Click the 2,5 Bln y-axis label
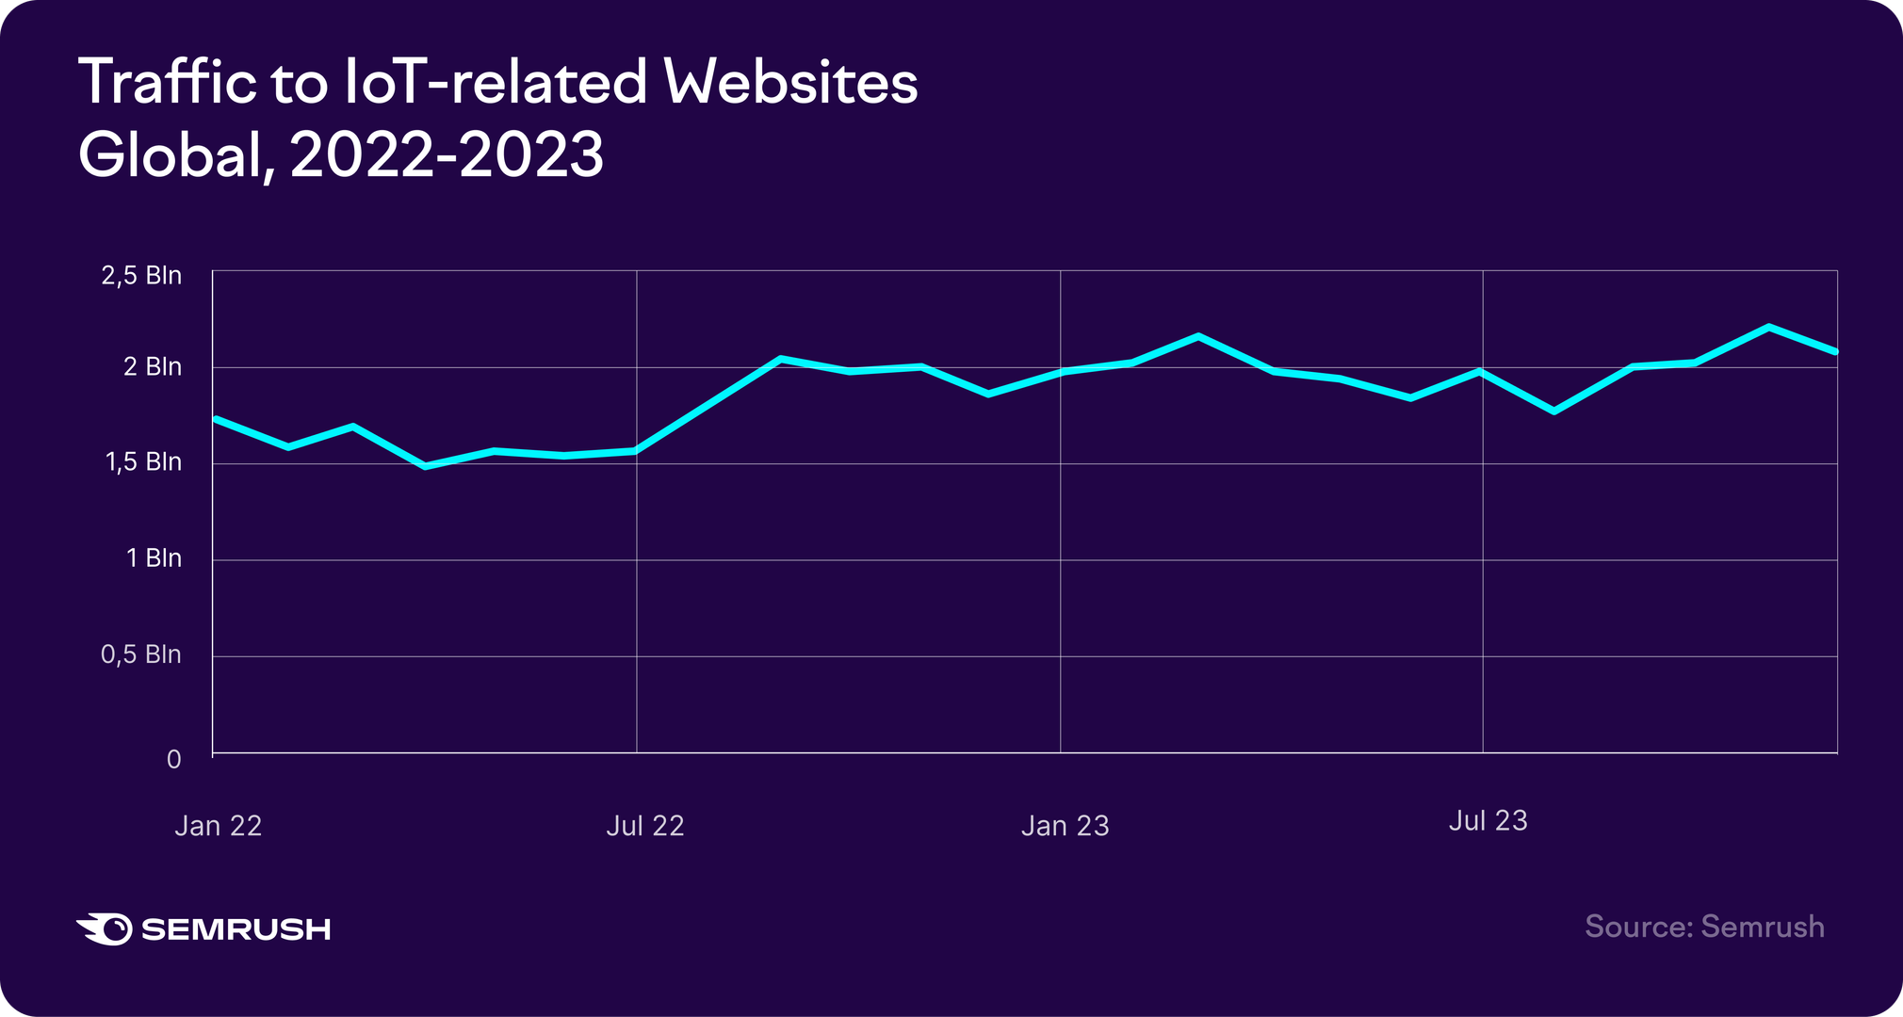(x=141, y=276)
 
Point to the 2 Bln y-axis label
(x=152, y=367)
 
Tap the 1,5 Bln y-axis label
(x=142, y=462)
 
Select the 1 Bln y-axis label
(x=154, y=558)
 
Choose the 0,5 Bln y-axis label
(x=140, y=654)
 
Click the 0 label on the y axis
(x=173, y=759)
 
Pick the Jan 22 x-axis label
(x=218, y=826)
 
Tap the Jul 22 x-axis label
(x=644, y=826)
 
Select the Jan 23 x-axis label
(x=1065, y=826)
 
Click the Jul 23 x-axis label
(x=1488, y=821)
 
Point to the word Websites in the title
(x=790, y=83)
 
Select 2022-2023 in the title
(x=447, y=154)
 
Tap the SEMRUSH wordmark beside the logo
(x=236, y=929)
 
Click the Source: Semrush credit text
(x=1704, y=927)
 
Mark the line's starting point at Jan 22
(x=216, y=418)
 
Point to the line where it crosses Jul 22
(x=637, y=451)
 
